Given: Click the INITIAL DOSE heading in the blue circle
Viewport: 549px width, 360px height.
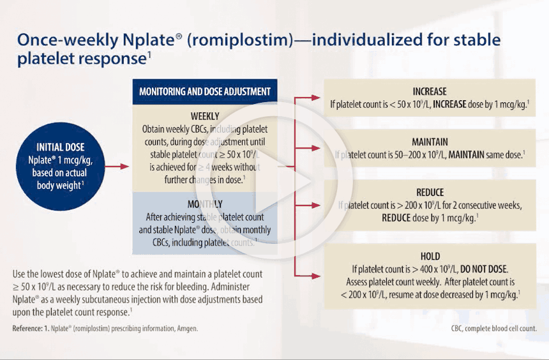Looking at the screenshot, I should pyautogui.click(x=60, y=147).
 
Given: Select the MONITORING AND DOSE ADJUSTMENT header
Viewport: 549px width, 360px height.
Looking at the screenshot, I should pyautogui.click(x=204, y=91).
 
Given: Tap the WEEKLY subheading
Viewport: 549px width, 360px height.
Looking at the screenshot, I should pyautogui.click(x=204, y=116).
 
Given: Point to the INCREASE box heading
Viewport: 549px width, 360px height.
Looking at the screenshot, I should pyautogui.click(x=430, y=91).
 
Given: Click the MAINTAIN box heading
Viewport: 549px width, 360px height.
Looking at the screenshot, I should pyautogui.click(x=430, y=142).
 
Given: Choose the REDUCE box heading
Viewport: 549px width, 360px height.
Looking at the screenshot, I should pyautogui.click(x=430, y=192).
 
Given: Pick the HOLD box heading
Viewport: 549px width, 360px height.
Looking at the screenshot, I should pyautogui.click(x=430, y=256).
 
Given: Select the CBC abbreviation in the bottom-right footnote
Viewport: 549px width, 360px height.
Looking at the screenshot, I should pyautogui.click(x=459, y=329).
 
